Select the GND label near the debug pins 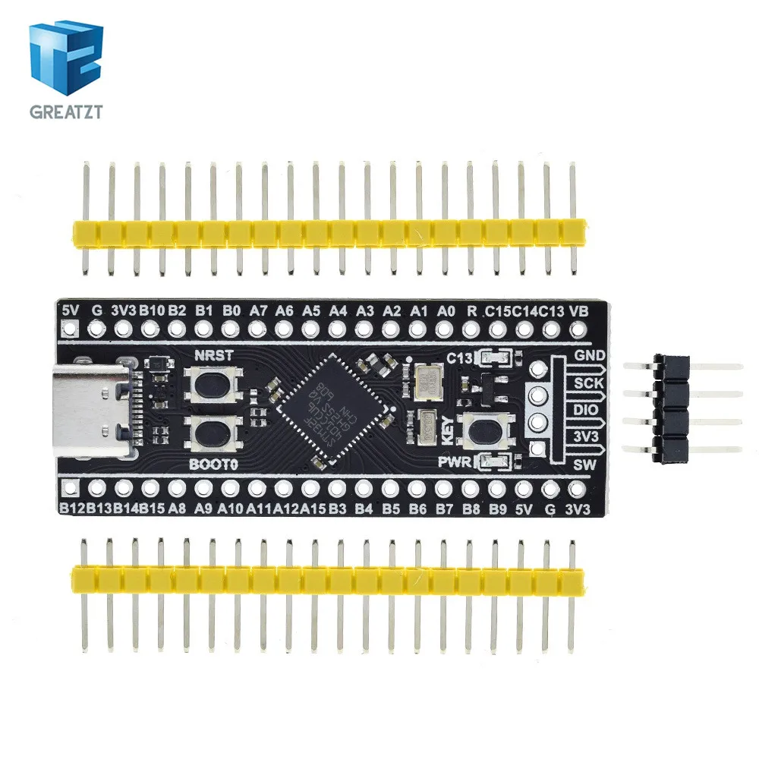click(590, 355)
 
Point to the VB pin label click(578, 310)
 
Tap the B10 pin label click(150, 310)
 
